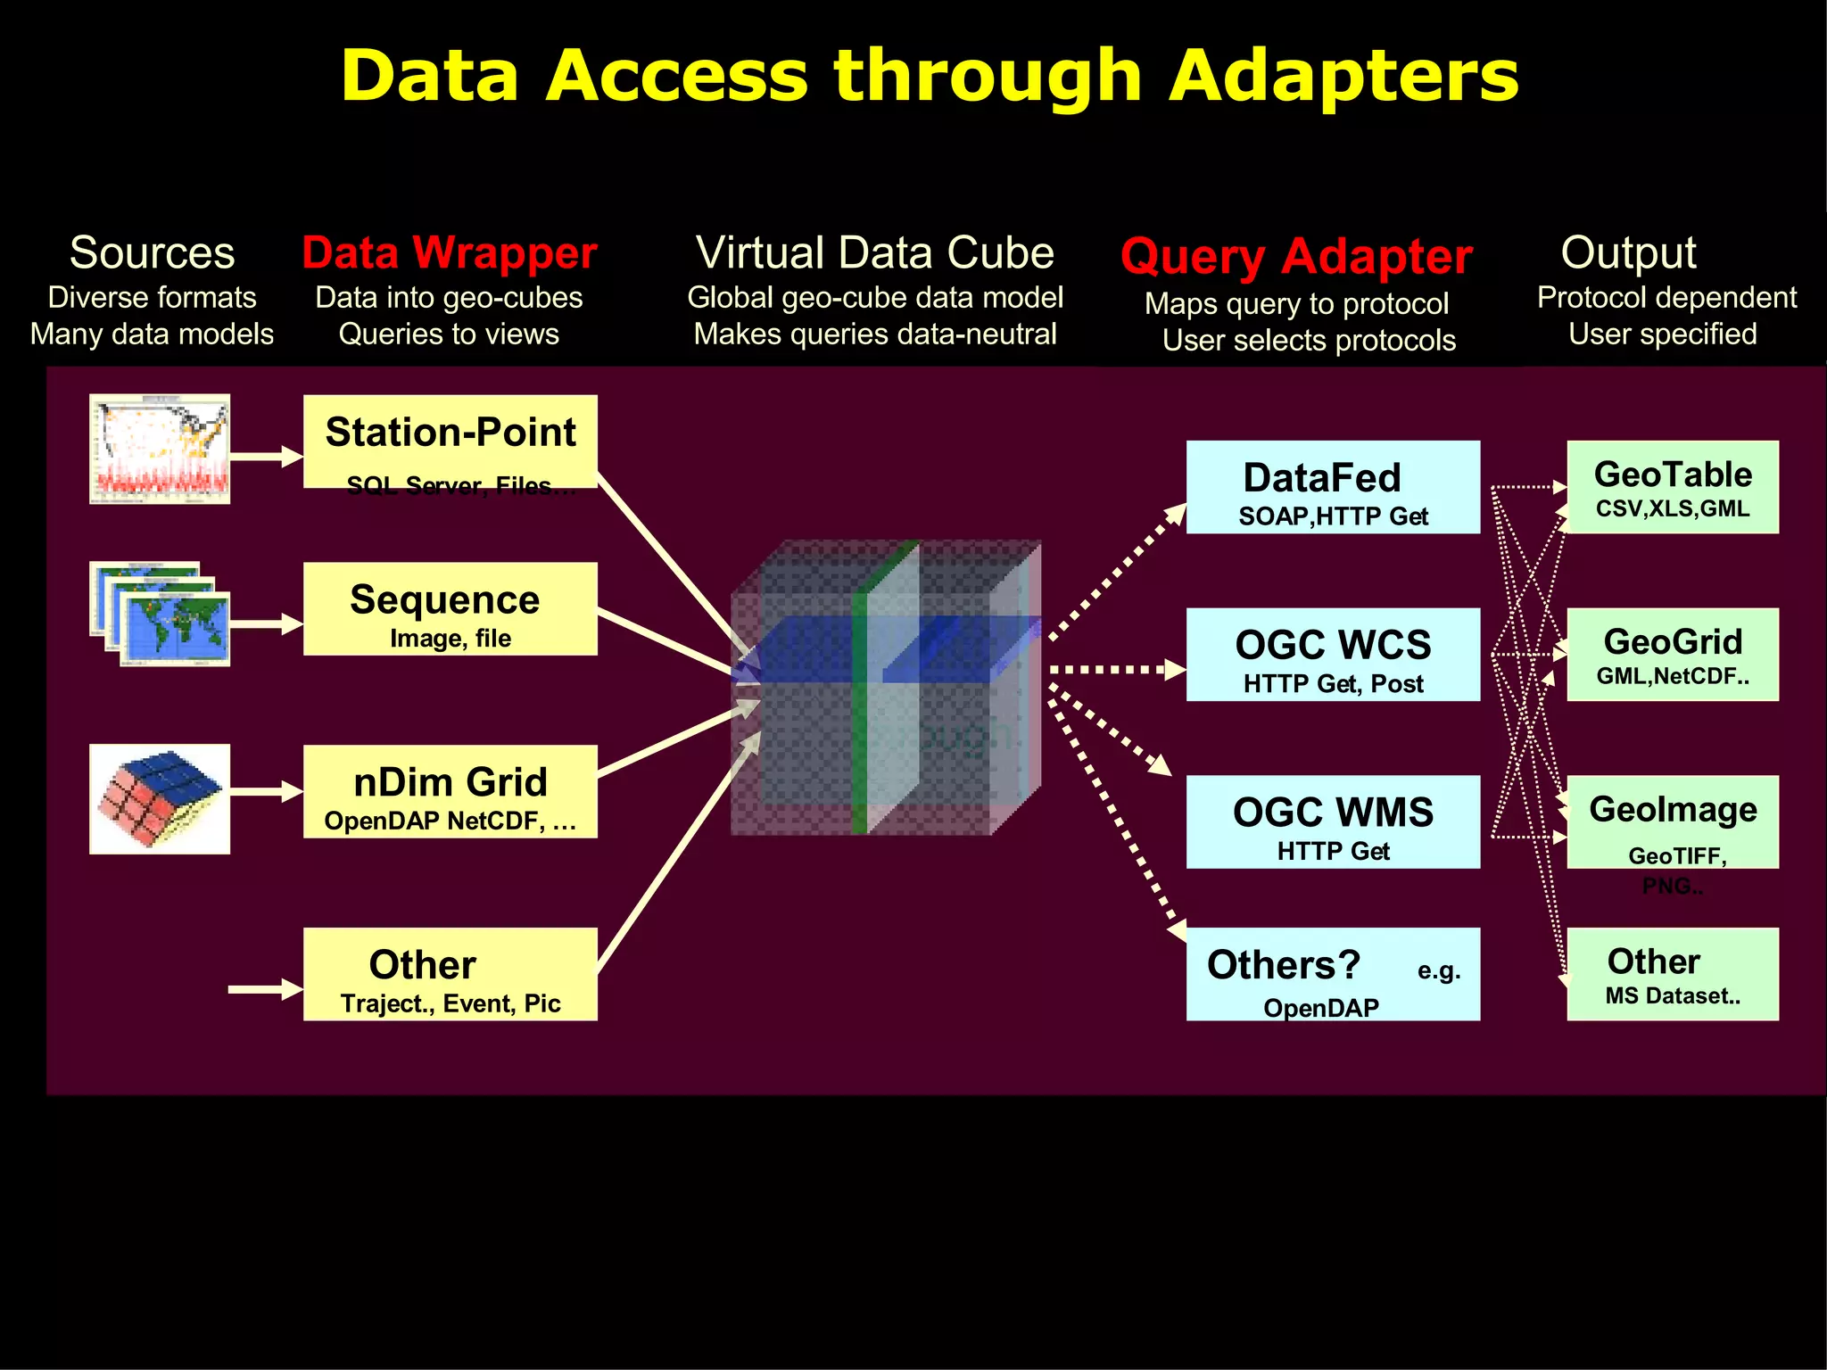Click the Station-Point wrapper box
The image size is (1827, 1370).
point(450,442)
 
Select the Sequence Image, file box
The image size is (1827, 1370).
point(450,609)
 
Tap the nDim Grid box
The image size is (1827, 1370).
point(450,791)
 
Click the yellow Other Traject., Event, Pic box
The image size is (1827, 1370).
point(450,974)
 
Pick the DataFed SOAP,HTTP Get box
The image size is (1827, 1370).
point(1333,487)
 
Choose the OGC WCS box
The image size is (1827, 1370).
point(1333,655)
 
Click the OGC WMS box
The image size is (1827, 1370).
point(1333,821)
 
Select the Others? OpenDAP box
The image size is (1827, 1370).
point(1333,974)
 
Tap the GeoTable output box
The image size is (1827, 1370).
point(1673,487)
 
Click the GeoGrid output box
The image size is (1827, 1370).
point(1673,655)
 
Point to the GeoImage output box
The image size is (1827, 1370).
point(1673,821)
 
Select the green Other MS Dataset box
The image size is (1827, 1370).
point(1673,974)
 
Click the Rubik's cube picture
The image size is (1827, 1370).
point(160,798)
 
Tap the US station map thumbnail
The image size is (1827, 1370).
point(160,449)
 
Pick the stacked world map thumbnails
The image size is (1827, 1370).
point(161,614)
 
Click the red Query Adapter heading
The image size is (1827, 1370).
point(1295,257)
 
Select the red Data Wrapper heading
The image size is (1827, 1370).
point(450,252)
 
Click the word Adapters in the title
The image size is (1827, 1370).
point(1343,76)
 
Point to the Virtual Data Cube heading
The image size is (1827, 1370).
point(874,252)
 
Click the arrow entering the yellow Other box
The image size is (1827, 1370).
point(265,989)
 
